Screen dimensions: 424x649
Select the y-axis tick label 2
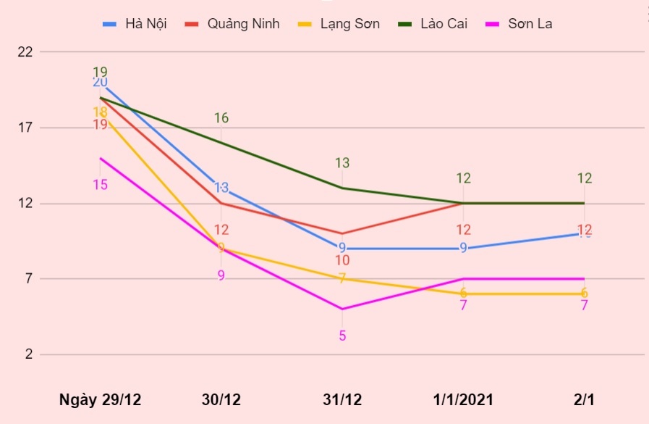click(29, 354)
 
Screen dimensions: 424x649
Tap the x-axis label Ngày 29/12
click(101, 400)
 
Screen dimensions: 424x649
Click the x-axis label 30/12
click(221, 400)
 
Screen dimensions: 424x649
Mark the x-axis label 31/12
click(342, 400)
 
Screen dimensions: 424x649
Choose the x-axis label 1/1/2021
click(463, 400)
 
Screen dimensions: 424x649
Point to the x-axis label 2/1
click(584, 400)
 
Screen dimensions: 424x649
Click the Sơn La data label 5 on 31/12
click(342, 336)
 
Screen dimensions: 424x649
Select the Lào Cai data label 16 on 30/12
click(221, 118)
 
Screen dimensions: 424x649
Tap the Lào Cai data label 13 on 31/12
click(342, 163)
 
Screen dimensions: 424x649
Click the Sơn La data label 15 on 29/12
click(101, 185)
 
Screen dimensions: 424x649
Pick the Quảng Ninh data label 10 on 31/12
click(342, 260)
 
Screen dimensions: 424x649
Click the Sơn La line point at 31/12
click(342, 309)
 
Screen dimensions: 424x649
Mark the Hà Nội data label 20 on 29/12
click(101, 82)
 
